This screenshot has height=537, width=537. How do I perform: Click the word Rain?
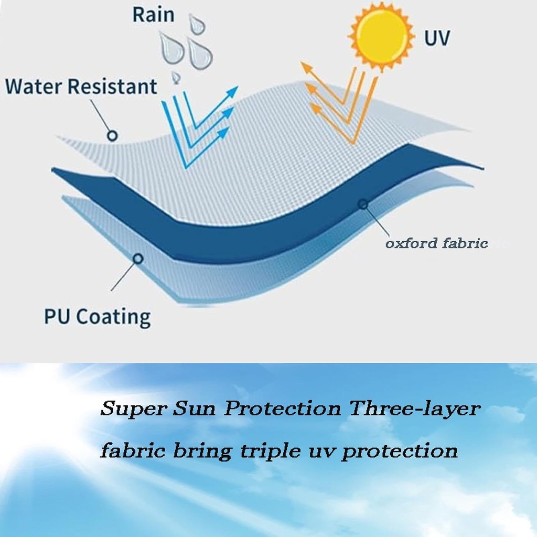(154, 15)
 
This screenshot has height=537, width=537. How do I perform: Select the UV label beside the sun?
(437, 38)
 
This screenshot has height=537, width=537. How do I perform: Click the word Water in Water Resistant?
(34, 86)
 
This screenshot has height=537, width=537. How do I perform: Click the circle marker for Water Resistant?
(112, 136)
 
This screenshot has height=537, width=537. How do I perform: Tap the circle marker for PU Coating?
(138, 259)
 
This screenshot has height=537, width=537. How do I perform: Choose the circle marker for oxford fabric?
(363, 205)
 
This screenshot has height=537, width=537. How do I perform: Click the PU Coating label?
(98, 317)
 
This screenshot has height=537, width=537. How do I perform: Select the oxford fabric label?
(437, 243)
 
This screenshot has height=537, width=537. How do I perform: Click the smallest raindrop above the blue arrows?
(176, 78)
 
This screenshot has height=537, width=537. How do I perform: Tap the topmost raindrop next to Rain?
(197, 24)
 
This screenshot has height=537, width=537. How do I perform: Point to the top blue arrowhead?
(232, 91)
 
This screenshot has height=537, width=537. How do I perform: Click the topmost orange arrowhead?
(306, 68)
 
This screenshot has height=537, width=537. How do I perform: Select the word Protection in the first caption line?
(283, 408)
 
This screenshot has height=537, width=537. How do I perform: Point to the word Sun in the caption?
(194, 409)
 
